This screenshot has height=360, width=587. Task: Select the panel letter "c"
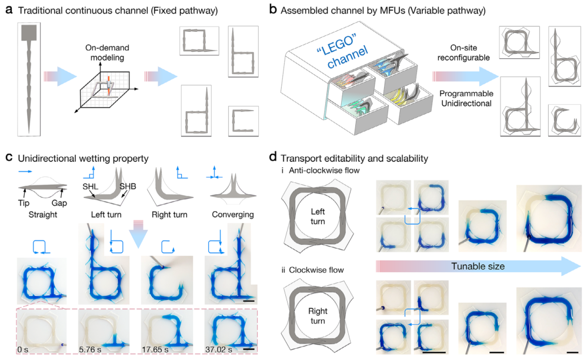[x=9, y=158]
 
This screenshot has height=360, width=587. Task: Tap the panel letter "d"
[x=272, y=158]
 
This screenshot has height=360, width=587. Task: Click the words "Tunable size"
[x=478, y=266]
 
